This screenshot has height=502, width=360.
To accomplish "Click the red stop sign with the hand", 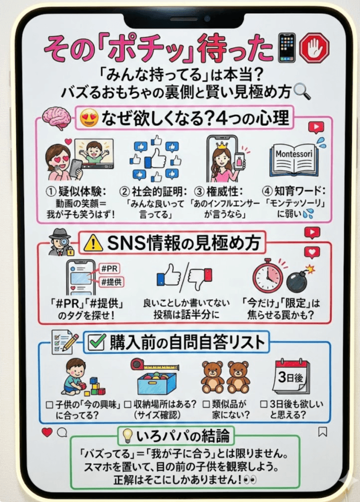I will [x=314, y=48].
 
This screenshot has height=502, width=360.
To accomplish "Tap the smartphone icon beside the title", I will [x=287, y=48].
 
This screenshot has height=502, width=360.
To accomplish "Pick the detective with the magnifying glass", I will [x=60, y=241].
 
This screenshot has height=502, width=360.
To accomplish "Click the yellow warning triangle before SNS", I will [x=93, y=243].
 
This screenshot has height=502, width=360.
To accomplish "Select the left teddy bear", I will [x=212, y=377].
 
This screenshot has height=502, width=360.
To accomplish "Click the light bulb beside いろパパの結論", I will [x=128, y=435].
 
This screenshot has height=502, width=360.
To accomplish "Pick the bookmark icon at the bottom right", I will [x=322, y=432].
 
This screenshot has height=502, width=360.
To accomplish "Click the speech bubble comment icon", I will [x=62, y=432].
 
